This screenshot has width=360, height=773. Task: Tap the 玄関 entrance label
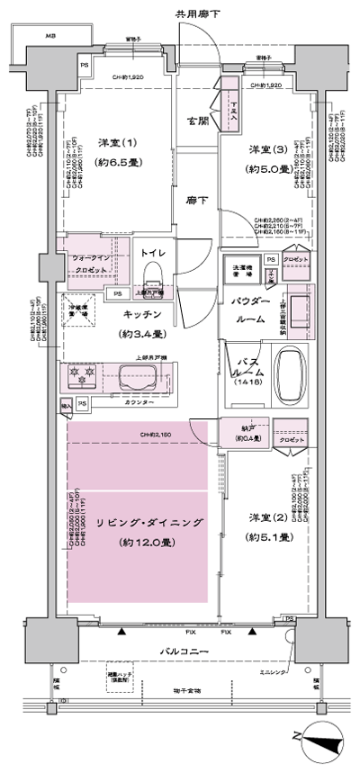pos(197,121)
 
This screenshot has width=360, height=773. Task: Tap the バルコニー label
pos(186,651)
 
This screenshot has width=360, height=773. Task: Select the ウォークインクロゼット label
pos(92,264)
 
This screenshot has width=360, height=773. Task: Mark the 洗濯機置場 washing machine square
pos(243,267)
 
